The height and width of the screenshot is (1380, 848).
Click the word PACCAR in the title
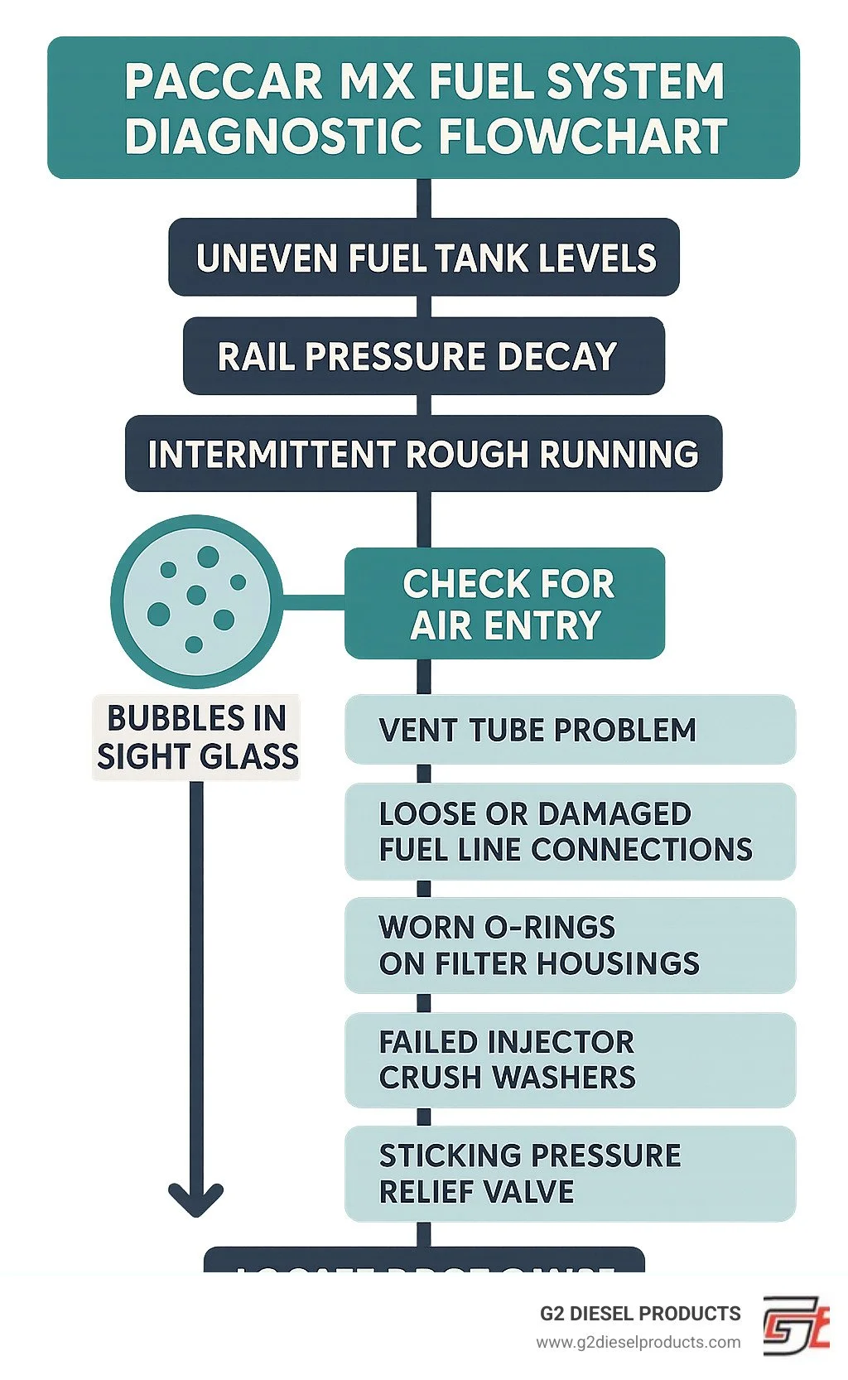[224, 82]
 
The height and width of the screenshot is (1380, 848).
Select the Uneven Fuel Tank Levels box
[424, 258]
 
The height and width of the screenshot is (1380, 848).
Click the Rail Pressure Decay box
[424, 356]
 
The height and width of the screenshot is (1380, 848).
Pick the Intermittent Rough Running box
[424, 454]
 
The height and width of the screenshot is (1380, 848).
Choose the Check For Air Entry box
[504, 604]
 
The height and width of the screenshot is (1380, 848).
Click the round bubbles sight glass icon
[196, 601]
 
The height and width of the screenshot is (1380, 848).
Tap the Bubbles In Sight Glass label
[197, 737]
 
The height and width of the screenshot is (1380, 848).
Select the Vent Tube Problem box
[570, 730]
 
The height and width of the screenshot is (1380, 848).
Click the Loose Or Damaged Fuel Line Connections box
[570, 832]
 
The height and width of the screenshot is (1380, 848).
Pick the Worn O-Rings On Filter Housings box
[570, 945]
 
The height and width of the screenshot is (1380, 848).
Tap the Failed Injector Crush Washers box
[570, 1059]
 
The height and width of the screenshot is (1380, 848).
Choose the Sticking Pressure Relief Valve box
[570, 1173]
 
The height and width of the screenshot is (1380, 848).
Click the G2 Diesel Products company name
[640, 1314]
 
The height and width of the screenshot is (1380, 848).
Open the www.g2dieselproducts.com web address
[638, 1342]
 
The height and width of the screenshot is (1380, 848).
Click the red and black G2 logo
[795, 1326]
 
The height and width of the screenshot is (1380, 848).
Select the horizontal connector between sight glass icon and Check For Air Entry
[313, 596]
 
